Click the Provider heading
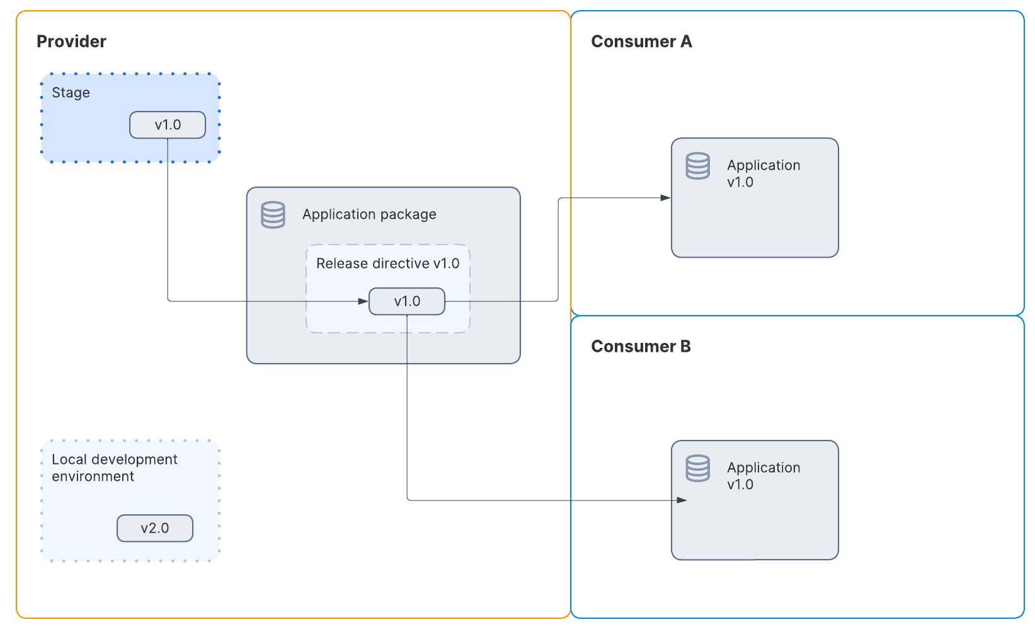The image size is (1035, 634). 71,42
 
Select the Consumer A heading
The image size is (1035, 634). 641,42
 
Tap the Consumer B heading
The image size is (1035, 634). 640,347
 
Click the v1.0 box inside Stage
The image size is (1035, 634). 168,125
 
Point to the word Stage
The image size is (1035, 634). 71,93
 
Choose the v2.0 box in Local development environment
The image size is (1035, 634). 155,528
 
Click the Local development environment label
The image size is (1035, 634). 114,468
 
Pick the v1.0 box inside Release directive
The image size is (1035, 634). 407,301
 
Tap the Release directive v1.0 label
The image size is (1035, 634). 387,263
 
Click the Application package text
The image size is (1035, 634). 369,214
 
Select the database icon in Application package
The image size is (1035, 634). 273,215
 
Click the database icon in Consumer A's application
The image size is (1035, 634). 697,166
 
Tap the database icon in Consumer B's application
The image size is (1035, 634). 697,468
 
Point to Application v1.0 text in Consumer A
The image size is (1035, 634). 763,173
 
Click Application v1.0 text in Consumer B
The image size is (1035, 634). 763,476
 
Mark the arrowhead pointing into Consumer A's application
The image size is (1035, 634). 666,198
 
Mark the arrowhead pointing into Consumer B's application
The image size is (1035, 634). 682,500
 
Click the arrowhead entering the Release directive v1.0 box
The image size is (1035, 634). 363,301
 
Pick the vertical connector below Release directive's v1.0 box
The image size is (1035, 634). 407,410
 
